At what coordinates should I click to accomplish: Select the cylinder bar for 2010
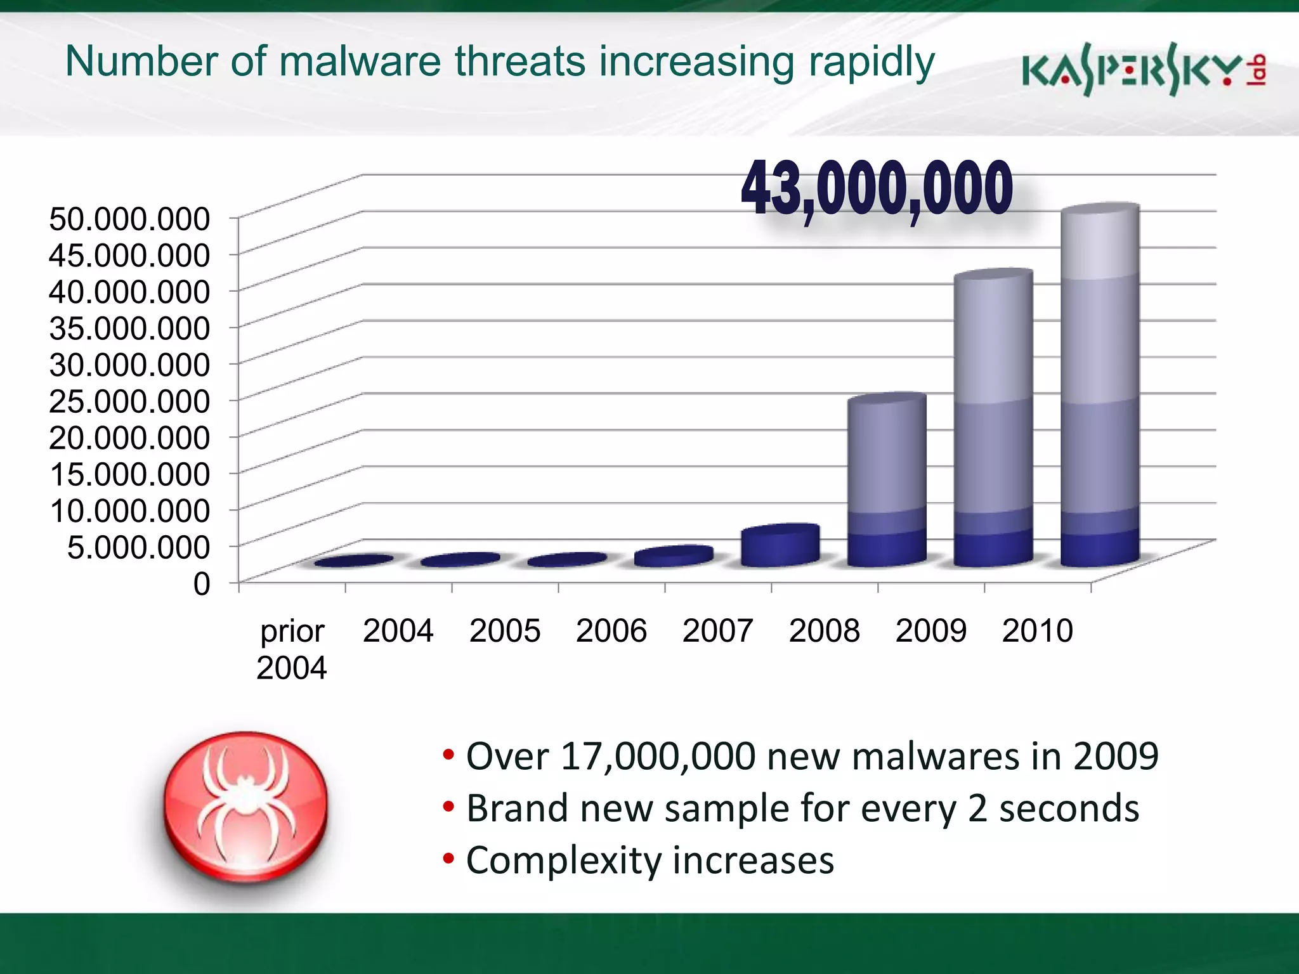pos(1100,387)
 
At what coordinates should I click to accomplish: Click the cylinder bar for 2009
pos(993,419)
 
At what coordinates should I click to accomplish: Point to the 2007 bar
pos(780,545)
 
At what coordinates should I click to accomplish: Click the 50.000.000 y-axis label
pos(129,219)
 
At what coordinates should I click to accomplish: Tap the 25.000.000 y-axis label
pos(129,401)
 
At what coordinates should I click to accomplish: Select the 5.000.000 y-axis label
pos(138,547)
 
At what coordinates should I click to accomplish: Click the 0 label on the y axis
pos(202,583)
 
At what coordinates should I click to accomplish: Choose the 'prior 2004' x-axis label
pos(292,649)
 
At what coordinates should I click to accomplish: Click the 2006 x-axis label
pos(611,631)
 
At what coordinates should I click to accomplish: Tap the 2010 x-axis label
pos(1037,631)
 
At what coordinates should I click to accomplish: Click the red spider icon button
pos(246,807)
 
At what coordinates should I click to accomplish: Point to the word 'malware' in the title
pos(360,62)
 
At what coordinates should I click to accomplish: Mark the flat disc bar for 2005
pos(567,560)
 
